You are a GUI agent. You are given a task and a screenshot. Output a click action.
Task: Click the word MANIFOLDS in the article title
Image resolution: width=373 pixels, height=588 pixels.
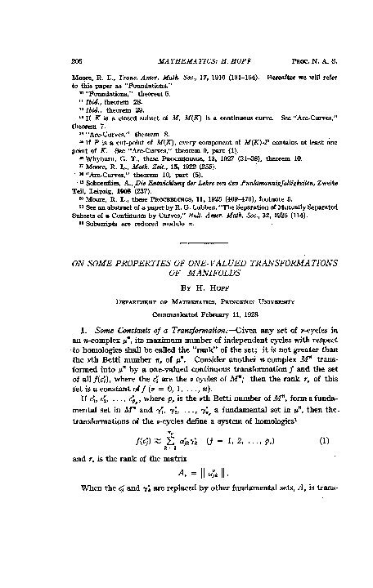pos(186,229)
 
